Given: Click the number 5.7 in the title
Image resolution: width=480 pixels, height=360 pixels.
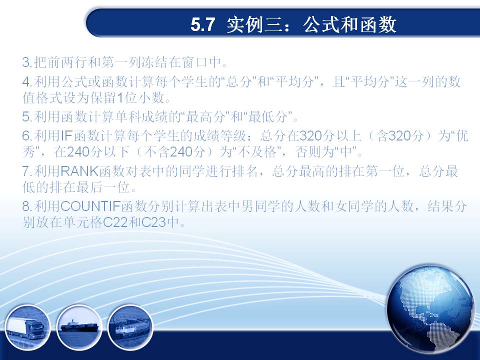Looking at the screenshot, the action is (202, 24).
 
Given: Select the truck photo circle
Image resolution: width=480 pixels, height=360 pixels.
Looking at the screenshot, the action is (28, 327).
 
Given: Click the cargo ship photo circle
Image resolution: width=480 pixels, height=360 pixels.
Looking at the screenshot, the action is (79, 327).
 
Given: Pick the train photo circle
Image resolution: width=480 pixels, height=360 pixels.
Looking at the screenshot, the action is (130, 327).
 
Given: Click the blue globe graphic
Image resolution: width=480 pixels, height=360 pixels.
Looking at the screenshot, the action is (430, 309).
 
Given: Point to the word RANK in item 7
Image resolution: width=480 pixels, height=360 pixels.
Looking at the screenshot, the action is (79, 171).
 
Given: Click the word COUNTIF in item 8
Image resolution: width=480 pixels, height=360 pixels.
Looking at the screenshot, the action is (90, 206).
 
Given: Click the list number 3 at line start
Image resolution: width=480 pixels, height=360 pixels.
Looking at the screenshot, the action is (26, 62).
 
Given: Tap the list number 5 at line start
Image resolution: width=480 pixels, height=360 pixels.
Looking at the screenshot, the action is (26, 117).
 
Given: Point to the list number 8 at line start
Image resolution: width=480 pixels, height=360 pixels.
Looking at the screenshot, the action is (26, 206).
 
